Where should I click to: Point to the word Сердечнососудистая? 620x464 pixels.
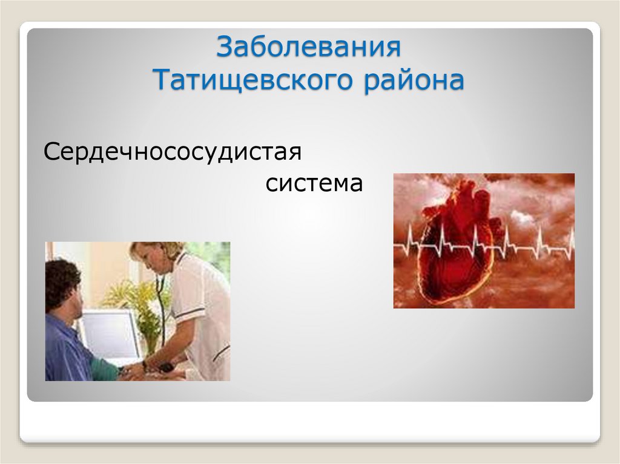pos(173,151)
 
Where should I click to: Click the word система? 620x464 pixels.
pos(314,183)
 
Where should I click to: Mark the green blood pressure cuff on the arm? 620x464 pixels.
pos(105,369)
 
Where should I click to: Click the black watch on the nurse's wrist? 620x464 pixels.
pos(145,365)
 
